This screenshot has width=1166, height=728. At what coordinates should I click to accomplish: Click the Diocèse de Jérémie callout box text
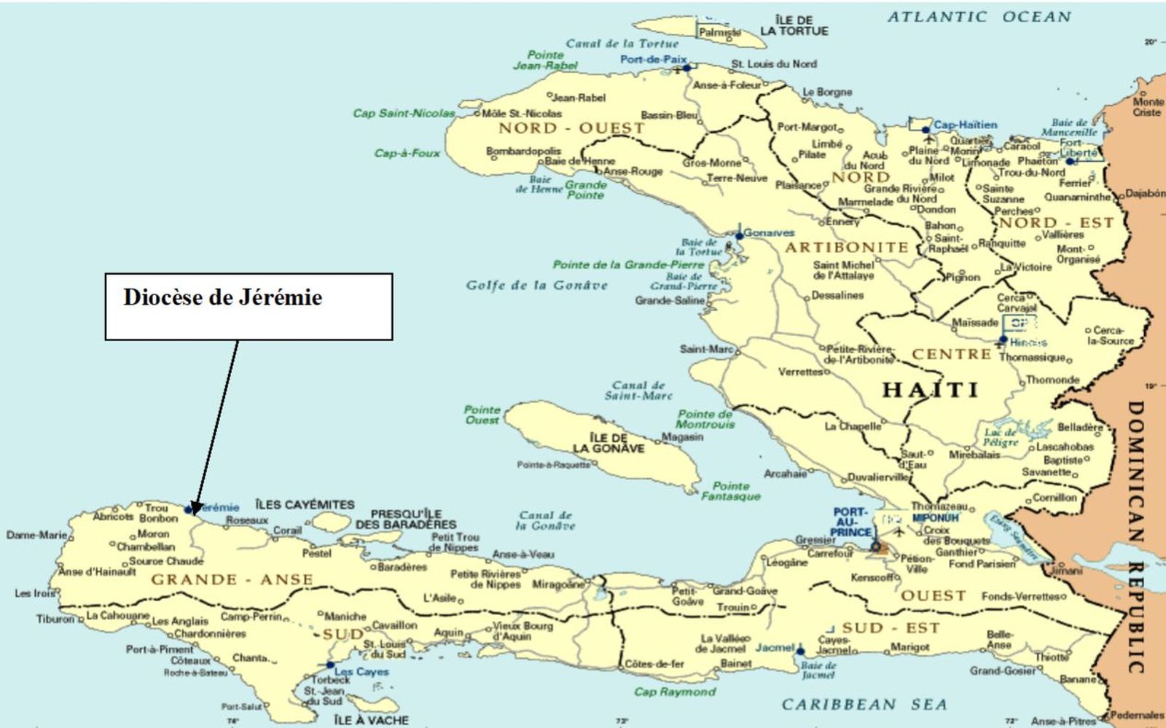(x=222, y=298)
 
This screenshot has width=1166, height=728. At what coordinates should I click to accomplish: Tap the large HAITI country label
(x=930, y=390)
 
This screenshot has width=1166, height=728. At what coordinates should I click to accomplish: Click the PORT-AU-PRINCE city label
(x=850, y=522)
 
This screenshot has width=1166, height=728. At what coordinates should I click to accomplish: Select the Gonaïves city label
(x=769, y=233)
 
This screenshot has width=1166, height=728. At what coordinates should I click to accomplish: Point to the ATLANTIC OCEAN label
(x=979, y=17)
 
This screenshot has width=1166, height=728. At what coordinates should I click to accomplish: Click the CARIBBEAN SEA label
(x=864, y=704)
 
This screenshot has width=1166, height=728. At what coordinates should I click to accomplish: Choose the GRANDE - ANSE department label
(x=232, y=580)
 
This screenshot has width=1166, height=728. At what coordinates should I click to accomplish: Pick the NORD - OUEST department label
(x=571, y=128)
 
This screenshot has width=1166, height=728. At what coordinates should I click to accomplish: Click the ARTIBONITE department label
(x=846, y=248)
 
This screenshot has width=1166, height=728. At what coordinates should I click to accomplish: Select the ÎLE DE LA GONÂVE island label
(x=609, y=443)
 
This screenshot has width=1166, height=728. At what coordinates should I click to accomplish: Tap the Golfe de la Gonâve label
(x=536, y=285)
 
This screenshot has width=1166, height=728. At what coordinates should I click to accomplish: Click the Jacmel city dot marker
(x=800, y=651)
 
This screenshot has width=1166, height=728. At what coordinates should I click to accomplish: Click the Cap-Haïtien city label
(x=965, y=125)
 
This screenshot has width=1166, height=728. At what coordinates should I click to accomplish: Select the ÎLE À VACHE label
(x=372, y=720)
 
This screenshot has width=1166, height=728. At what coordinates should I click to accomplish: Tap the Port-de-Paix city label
(x=653, y=59)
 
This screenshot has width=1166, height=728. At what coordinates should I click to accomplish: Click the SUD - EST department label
(x=891, y=627)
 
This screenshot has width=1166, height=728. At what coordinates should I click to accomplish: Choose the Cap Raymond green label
(x=675, y=692)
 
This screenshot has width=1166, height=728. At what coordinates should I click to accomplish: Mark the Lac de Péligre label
(x=1001, y=437)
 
